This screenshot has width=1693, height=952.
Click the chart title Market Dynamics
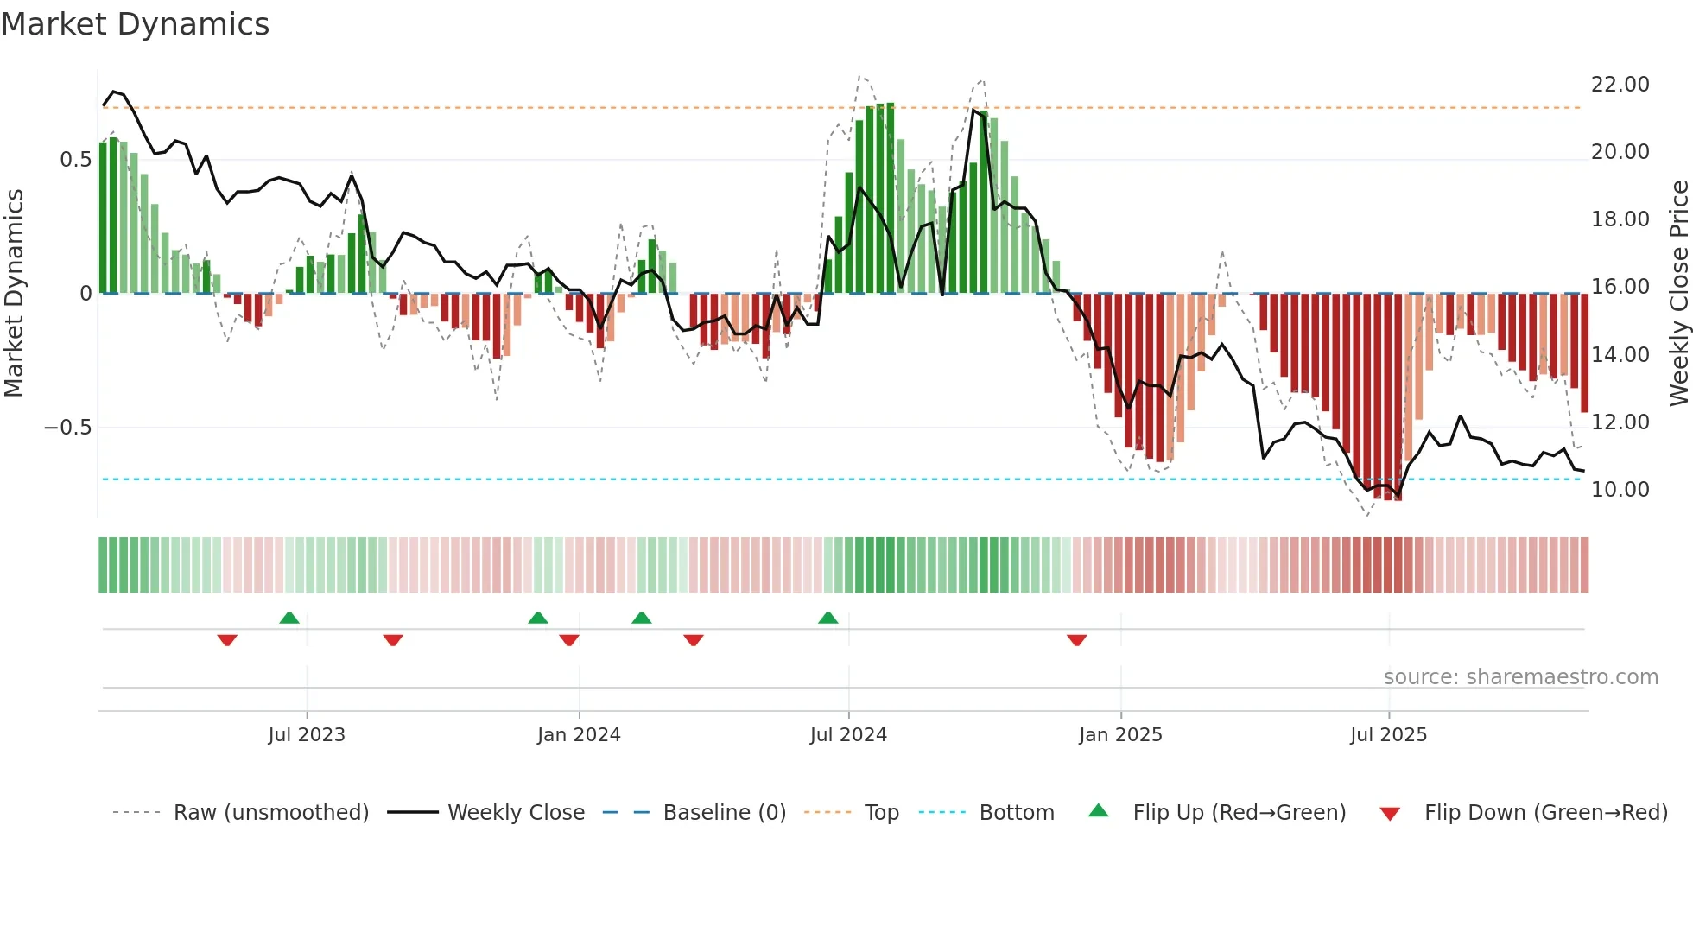[135, 24]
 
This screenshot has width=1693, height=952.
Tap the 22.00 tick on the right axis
[1620, 85]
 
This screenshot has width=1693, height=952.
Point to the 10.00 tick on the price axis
[1620, 490]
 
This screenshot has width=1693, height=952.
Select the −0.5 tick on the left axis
[67, 428]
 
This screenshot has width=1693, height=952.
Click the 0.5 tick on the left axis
[75, 160]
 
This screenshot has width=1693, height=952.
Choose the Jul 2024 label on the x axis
[847, 735]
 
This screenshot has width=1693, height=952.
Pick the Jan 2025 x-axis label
[1120, 735]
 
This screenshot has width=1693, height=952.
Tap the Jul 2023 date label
[306, 735]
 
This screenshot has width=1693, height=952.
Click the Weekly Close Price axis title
[1678, 294]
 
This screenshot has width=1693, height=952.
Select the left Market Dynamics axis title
[14, 294]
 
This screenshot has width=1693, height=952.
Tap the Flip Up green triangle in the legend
[1098, 810]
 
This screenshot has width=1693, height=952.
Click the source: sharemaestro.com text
[1520, 677]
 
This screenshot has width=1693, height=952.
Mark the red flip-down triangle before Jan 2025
[1076, 640]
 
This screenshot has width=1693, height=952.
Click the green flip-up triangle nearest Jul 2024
[827, 618]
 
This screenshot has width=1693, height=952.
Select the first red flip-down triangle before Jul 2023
[227, 640]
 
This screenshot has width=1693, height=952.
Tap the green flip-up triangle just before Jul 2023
[289, 618]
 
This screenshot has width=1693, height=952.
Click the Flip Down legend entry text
[1545, 813]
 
